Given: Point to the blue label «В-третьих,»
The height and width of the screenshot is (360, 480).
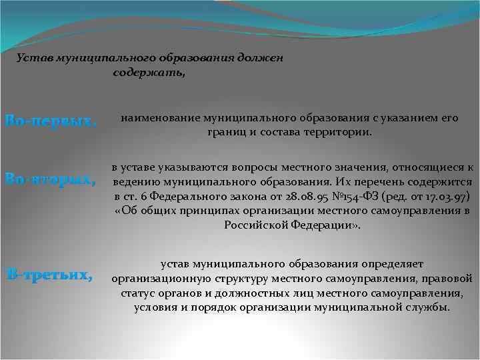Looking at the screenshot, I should (x=50, y=273).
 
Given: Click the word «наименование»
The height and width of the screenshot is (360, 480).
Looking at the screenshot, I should (x=155, y=118).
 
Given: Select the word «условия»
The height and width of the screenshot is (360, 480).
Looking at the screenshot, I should (x=155, y=307).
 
